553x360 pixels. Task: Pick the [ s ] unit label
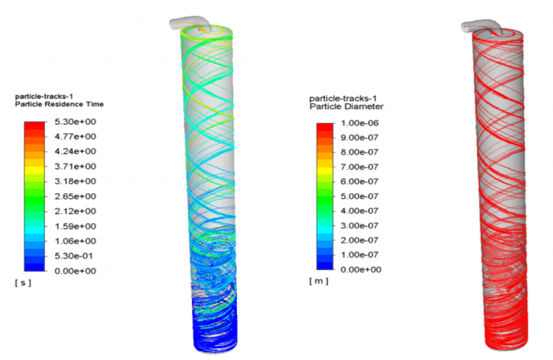pyautogui.click(x=23, y=283)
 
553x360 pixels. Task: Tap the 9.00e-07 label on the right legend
pyautogui.click(x=367, y=137)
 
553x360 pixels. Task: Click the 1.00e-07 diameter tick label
pyautogui.click(x=367, y=256)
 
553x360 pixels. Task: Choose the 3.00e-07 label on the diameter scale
pyautogui.click(x=367, y=226)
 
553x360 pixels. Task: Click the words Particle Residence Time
pyautogui.click(x=59, y=104)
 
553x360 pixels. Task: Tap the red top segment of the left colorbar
pyautogui.click(x=35, y=126)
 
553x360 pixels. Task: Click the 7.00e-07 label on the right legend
pyautogui.click(x=367, y=167)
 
